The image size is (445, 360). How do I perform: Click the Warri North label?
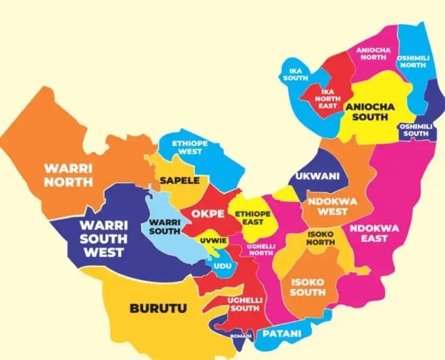[x=68, y=174]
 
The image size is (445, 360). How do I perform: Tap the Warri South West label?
[x=104, y=238]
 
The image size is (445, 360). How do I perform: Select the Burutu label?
[x=158, y=308]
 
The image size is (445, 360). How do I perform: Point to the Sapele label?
[x=179, y=180]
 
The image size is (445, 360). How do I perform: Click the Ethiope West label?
[x=190, y=147]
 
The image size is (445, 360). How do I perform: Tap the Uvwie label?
[x=214, y=241]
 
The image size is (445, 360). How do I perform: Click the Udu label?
[x=222, y=266]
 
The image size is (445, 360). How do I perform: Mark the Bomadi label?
[x=241, y=337]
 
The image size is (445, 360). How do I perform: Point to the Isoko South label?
[x=307, y=287]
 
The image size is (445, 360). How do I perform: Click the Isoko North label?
[x=321, y=238]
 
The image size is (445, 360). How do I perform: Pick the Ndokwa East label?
[x=374, y=233]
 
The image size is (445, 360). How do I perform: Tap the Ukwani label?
[x=317, y=176]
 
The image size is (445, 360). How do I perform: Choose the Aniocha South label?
[x=370, y=112]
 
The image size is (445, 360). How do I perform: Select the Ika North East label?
[x=327, y=99]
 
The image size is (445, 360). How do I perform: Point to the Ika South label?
[x=296, y=75]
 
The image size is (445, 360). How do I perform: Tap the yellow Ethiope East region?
[x=253, y=218]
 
